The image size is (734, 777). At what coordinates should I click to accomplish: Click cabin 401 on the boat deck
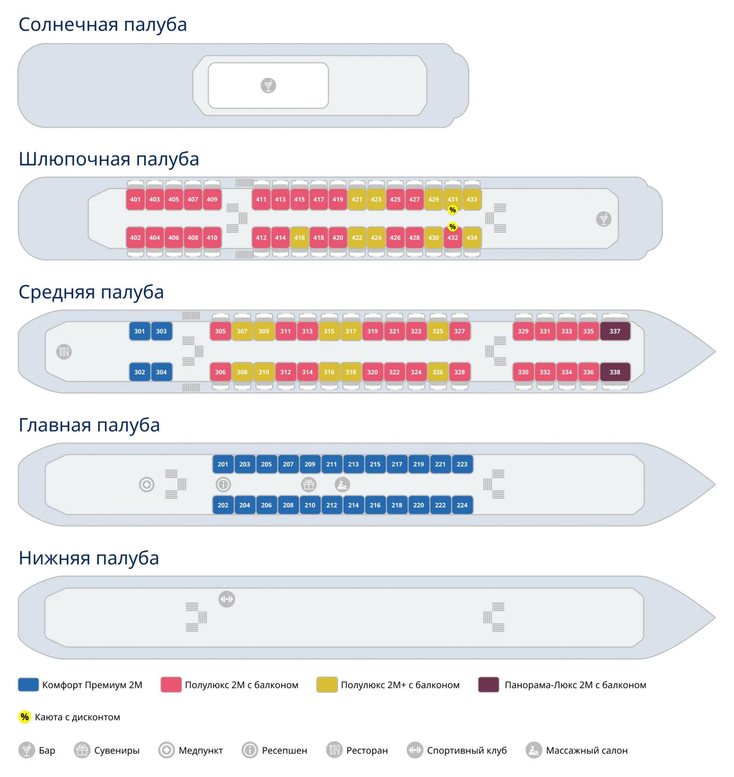(x=135, y=200)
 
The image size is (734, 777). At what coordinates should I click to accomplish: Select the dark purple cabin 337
(x=615, y=331)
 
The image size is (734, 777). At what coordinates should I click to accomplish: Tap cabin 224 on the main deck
(x=462, y=505)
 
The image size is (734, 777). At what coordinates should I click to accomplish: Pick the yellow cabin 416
(x=299, y=238)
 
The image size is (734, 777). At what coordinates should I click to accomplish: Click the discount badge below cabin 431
(x=453, y=210)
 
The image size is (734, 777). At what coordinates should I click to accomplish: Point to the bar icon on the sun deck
(x=268, y=85)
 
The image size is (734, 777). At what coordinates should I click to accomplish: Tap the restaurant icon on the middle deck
(x=64, y=352)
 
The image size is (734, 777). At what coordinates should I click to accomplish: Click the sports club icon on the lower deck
(x=227, y=599)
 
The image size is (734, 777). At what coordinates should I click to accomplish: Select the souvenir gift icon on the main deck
(x=309, y=485)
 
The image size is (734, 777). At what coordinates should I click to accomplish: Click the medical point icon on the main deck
(x=147, y=485)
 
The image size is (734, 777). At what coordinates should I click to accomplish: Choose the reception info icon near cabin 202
(x=223, y=485)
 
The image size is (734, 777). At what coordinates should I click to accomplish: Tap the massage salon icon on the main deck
(x=342, y=485)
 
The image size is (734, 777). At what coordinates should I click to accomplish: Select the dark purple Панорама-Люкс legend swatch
(x=489, y=685)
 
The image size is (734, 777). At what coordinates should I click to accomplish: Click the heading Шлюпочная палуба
(x=109, y=159)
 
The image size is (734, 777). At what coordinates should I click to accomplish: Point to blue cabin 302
(x=139, y=372)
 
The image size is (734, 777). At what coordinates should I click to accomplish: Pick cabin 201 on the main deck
(x=223, y=464)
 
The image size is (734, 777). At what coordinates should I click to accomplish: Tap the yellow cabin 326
(x=438, y=372)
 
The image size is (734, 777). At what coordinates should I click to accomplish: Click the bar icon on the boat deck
(x=604, y=219)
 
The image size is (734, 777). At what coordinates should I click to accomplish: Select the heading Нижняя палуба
(x=89, y=558)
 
